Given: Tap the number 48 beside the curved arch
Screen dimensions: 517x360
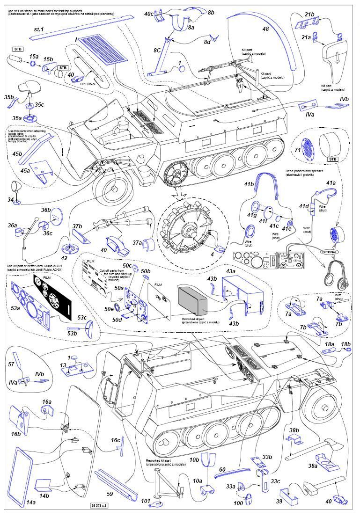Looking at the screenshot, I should pyautogui.click(x=265, y=29).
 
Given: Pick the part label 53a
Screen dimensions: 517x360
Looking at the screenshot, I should pyautogui.click(x=15, y=308).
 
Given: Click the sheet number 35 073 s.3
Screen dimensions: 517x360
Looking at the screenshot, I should pyautogui.click(x=98, y=505).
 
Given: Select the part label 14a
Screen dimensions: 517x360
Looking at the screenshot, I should pyautogui.click(x=31, y=502).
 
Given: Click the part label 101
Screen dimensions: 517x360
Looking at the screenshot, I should pyautogui.click(x=146, y=502).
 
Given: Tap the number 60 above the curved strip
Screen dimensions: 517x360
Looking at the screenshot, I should pyautogui.click(x=222, y=469).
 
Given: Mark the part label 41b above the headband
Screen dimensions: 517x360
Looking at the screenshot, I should pyautogui.click(x=248, y=184).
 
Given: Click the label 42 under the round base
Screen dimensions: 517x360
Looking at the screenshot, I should pyautogui.click(x=64, y=257).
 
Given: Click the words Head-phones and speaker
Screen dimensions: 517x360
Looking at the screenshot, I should pyautogui.click(x=305, y=172).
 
